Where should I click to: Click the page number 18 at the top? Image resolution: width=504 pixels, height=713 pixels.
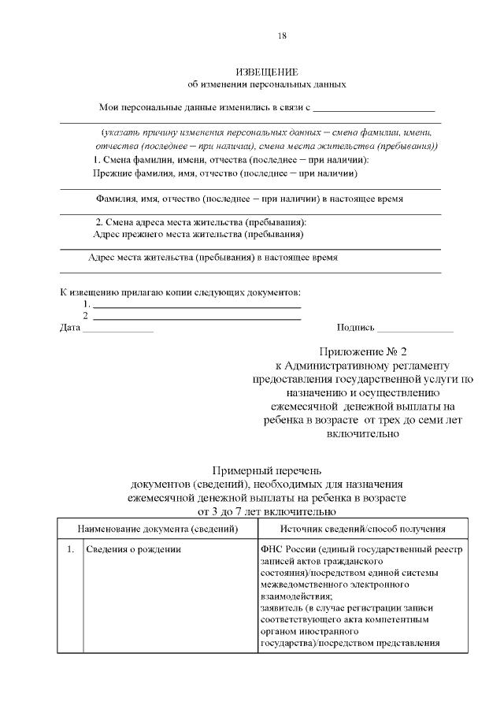[282, 35]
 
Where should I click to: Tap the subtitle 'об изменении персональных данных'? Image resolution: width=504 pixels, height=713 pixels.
[267, 84]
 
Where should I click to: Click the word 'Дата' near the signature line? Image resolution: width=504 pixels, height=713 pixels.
[70, 328]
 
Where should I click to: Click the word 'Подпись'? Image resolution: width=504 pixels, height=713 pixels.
[355, 328]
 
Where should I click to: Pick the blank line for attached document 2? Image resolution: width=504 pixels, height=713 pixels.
[197, 318]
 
